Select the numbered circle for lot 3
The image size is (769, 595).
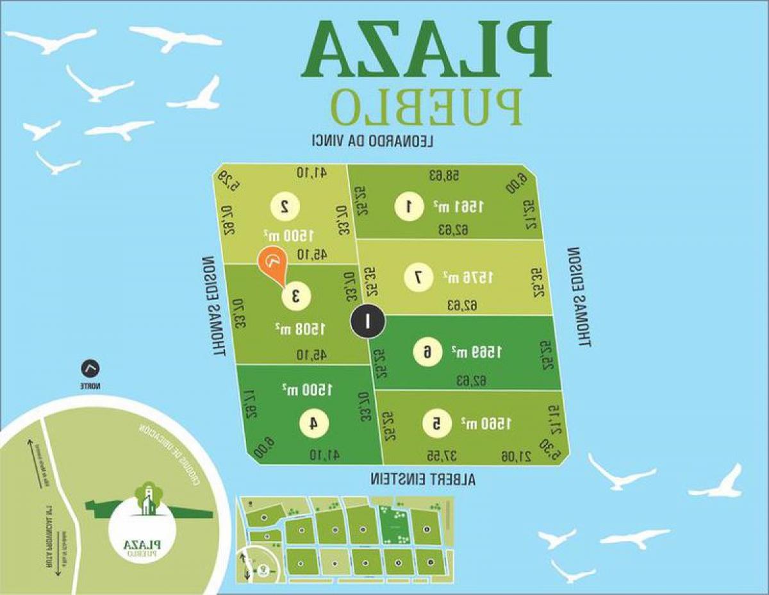coord(297,296)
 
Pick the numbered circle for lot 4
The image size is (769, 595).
coord(314,423)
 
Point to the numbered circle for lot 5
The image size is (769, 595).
coord(436,423)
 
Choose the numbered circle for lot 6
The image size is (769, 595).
coord(427,351)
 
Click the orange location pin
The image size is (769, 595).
coord(272,265)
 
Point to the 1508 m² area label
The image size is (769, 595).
coord(301,329)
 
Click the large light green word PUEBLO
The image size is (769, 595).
coord(426,105)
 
